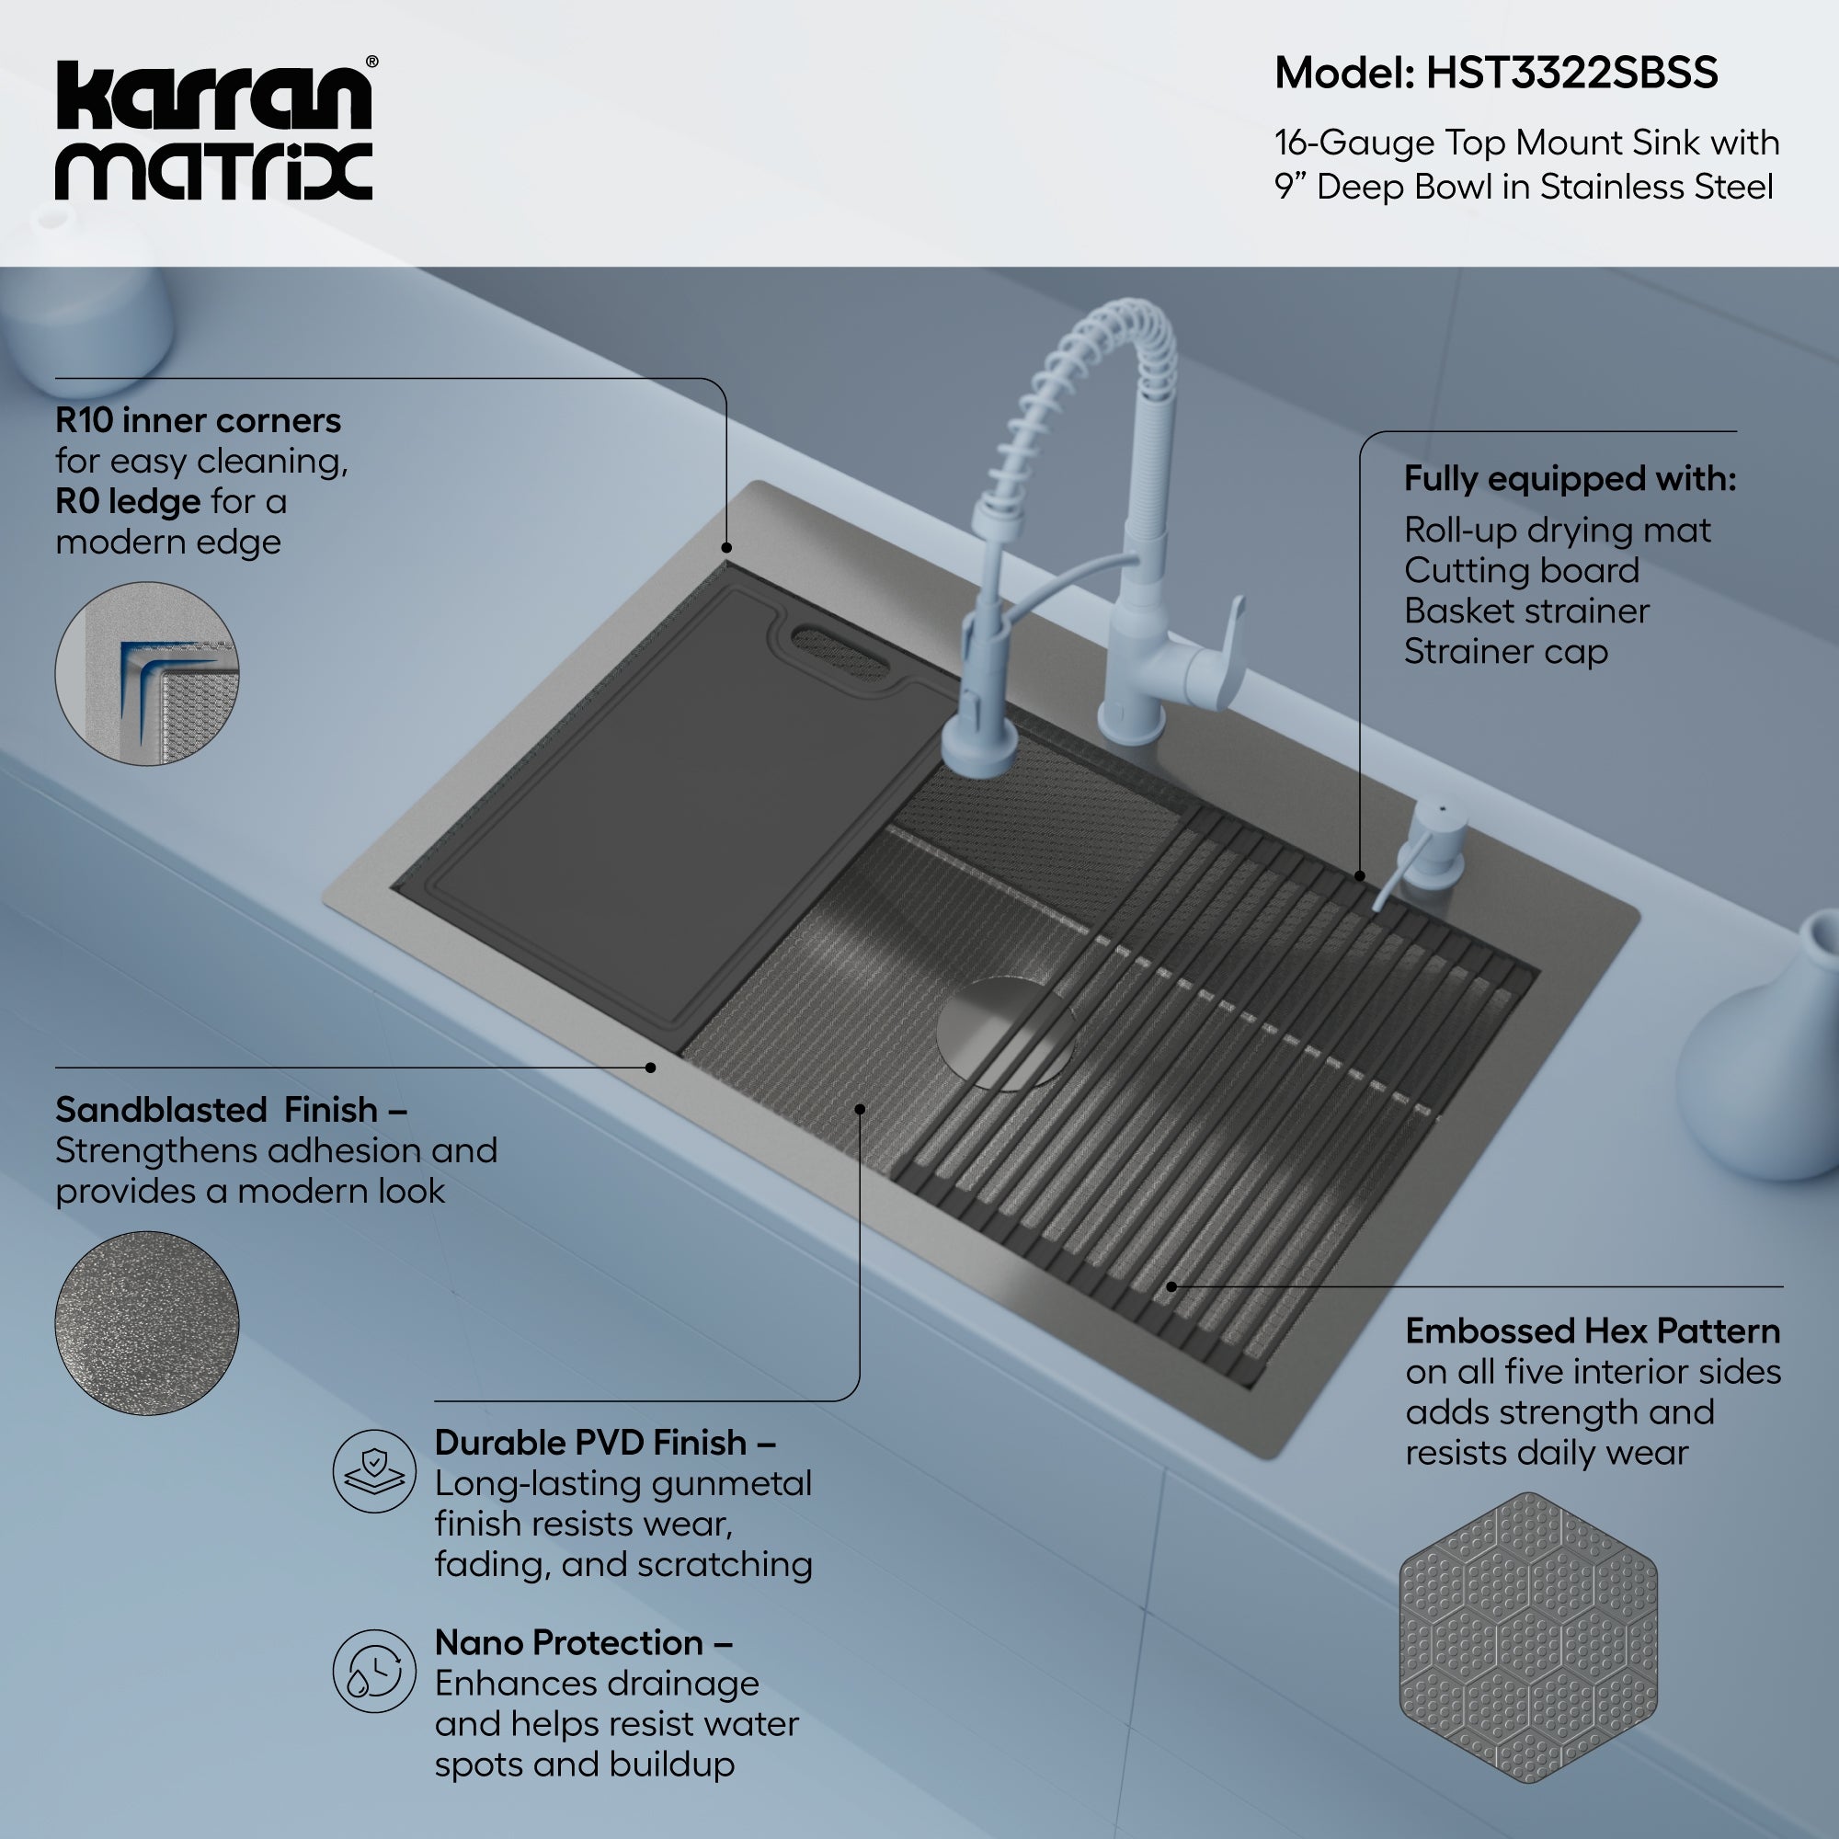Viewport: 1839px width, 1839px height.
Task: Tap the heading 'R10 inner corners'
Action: [198, 420]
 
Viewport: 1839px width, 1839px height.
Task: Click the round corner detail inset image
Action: [146, 673]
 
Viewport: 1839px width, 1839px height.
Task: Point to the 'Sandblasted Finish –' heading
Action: [232, 1110]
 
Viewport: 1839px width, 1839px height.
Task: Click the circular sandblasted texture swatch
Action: [146, 1323]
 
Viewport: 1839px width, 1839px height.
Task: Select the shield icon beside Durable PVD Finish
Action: [374, 1470]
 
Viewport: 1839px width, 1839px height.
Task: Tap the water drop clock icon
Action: [374, 1671]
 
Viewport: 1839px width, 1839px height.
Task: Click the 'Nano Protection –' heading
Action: [584, 1642]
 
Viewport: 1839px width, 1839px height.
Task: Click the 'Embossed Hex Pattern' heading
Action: [1592, 1331]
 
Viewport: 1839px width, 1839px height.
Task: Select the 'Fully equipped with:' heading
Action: [1570, 478]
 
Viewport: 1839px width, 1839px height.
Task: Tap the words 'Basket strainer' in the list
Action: [1525, 611]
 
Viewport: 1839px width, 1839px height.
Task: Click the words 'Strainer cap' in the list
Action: [1506, 652]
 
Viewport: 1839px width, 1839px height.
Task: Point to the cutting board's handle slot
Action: [840, 652]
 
